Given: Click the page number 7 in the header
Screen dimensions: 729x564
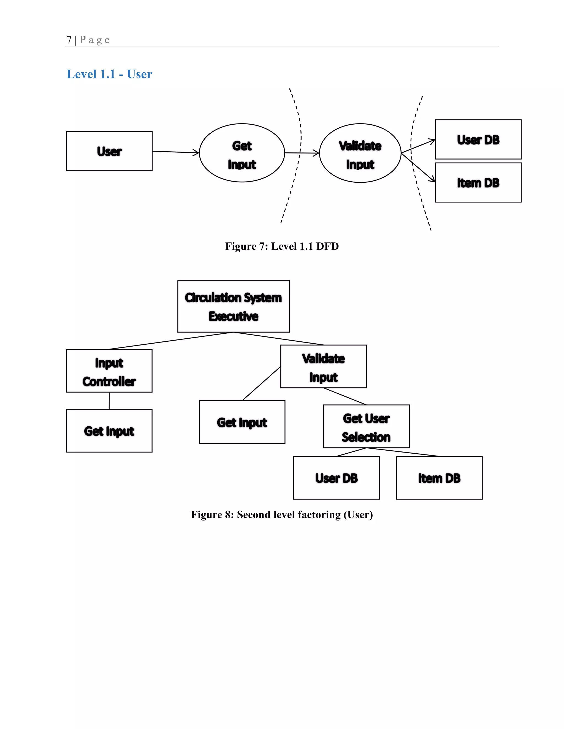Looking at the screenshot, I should coord(69,40).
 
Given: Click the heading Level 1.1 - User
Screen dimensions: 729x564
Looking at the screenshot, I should coord(109,74).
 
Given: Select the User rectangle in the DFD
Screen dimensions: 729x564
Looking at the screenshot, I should coord(109,151).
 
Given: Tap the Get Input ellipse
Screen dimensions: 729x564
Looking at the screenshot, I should coord(242,153).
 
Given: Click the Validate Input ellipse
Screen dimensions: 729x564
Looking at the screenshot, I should coord(360,153).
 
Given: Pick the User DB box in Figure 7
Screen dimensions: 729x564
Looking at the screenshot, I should coord(478,139).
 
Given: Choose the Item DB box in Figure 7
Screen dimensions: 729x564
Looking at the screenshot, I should coord(478,183).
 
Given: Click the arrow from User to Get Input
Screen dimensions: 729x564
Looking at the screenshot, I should coord(175,152).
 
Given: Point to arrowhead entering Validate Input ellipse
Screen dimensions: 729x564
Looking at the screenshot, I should coord(316,153).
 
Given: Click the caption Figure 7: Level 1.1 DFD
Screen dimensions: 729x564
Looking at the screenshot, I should coord(282,246).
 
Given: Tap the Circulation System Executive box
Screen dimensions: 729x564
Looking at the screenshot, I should coord(233,306).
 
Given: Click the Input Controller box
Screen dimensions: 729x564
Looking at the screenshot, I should coord(109,371).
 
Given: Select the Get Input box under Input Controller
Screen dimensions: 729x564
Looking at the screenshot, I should coord(109,431).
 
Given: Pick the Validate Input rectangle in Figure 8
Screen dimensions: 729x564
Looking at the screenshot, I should coord(323,366).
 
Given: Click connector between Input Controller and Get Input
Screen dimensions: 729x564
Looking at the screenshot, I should coord(109,401).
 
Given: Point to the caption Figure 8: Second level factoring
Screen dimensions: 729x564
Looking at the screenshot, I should coord(282,515).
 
